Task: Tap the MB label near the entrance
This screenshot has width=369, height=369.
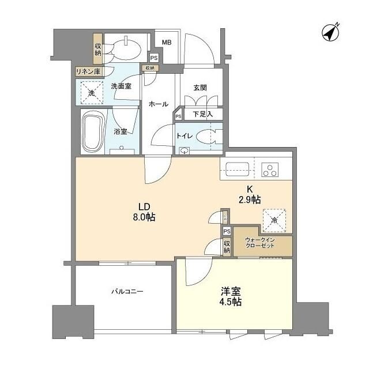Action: pos(166,42)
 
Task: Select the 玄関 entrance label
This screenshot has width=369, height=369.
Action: pos(200,88)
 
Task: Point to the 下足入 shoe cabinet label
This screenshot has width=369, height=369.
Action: pos(202,114)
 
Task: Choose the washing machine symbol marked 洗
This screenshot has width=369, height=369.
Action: pos(91,92)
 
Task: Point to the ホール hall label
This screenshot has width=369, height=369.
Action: pos(158,104)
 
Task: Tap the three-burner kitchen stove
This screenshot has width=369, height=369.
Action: pos(270,170)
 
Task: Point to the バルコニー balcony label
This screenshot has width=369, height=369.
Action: pos(127,292)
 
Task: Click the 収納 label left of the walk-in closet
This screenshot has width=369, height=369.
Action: pos(227,247)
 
